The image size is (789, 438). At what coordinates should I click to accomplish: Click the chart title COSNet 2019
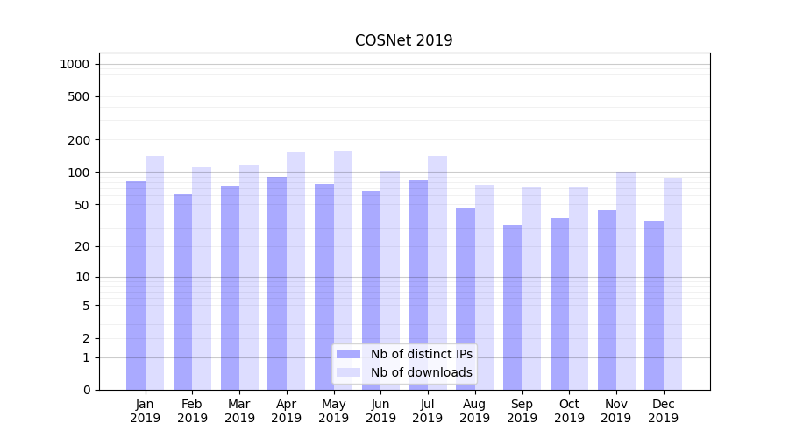(x=403, y=40)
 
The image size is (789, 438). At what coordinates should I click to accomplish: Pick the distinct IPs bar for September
(x=513, y=307)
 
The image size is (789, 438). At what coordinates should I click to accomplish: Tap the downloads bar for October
(x=579, y=288)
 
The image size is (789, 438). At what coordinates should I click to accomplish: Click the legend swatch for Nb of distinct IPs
(x=348, y=354)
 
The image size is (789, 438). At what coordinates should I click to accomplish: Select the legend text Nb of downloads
(x=421, y=372)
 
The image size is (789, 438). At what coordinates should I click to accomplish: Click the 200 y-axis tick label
(x=78, y=140)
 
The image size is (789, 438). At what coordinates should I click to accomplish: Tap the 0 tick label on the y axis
(x=86, y=390)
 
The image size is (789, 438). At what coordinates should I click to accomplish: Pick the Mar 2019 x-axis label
(x=239, y=411)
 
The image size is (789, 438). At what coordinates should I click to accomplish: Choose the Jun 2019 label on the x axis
(x=380, y=411)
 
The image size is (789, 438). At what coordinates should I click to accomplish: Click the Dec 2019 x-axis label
(x=664, y=411)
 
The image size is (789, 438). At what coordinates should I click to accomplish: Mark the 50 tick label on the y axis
(x=82, y=205)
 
